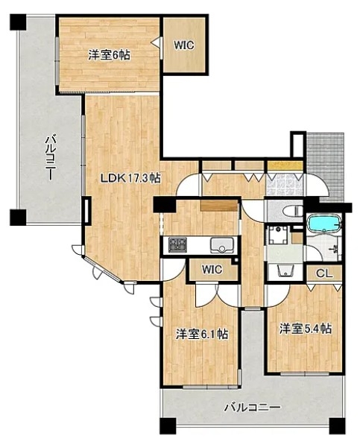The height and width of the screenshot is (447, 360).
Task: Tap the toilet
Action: tap(292, 212)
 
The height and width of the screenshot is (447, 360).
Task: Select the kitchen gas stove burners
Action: tap(177, 245)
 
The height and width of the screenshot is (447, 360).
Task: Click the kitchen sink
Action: tap(221, 245)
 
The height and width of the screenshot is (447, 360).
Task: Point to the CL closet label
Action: tap(324, 273)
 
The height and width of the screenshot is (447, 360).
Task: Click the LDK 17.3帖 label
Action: tap(130, 179)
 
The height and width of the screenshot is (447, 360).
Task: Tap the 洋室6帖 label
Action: tap(109, 54)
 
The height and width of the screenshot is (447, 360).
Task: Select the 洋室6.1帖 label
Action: tap(201, 334)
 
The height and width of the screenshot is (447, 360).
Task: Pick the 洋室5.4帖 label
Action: tap(306, 329)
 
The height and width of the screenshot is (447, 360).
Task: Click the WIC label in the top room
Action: tap(184, 45)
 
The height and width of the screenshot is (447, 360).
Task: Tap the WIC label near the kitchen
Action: tap(212, 269)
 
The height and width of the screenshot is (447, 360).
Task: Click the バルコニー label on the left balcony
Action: tap(50, 158)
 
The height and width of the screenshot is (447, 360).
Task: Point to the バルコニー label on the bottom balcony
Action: tap(252, 408)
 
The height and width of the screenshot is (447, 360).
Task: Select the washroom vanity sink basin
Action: tap(285, 270)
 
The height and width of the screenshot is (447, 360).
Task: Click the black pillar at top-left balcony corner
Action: tap(18, 22)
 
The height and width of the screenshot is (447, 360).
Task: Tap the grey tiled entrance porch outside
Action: tap(325, 166)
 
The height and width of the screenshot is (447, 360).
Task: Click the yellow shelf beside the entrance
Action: tap(285, 165)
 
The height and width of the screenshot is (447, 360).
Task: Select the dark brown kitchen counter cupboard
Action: tap(219, 206)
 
